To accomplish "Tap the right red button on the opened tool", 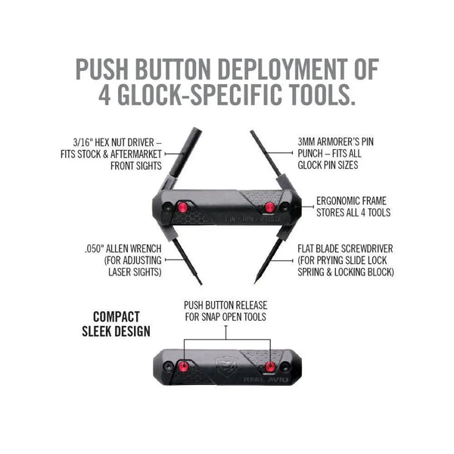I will [x=269, y=207].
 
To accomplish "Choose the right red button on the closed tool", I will [x=269, y=365].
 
